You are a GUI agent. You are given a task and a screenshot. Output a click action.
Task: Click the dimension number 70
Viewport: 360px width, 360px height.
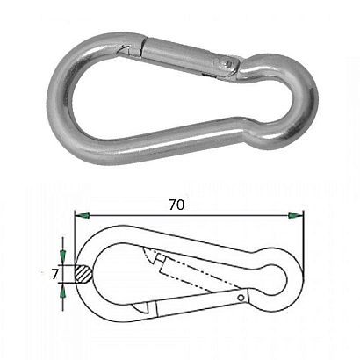(176, 205)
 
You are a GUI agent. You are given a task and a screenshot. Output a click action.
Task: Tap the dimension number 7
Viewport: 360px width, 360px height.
(55, 275)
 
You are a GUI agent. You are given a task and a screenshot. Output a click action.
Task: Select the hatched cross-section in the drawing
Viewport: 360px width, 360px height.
(84, 274)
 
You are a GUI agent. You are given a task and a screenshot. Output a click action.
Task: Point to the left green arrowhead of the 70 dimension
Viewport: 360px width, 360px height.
(83, 216)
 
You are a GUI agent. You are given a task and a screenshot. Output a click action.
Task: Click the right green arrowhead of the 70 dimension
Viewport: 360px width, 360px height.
(296, 216)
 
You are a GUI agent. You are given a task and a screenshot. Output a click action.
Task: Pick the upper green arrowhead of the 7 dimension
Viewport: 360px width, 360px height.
(62, 255)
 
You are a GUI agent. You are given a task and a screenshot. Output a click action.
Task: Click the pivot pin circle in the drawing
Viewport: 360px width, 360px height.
(241, 299)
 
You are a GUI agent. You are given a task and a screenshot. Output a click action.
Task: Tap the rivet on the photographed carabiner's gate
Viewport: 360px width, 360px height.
(225, 62)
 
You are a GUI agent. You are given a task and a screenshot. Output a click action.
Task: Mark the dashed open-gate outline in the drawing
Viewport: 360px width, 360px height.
(193, 270)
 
